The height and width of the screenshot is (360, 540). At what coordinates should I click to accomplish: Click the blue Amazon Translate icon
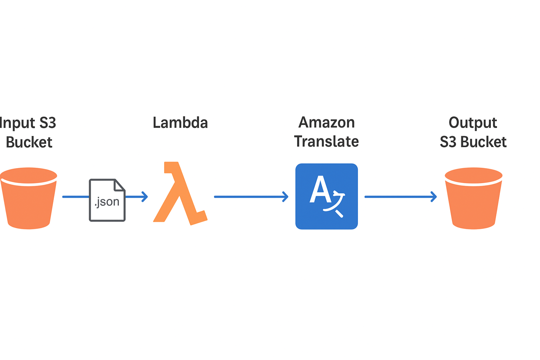click(327, 196)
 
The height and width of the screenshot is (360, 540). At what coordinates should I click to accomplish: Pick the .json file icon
click(107, 200)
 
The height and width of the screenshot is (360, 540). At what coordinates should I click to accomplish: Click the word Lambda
click(180, 123)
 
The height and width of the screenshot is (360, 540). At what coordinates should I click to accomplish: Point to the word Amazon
click(327, 122)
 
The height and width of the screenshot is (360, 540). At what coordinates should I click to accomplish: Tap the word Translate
click(326, 141)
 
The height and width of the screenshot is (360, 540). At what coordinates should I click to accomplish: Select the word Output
click(473, 123)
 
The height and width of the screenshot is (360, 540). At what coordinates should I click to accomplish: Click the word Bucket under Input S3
click(29, 142)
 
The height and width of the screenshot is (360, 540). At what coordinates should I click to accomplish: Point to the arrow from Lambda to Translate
click(251, 197)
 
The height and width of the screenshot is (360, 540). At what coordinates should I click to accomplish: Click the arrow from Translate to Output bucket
click(400, 197)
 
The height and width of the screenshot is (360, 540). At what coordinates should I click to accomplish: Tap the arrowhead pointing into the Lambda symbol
click(144, 197)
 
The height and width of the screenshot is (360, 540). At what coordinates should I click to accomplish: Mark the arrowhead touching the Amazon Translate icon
click(285, 197)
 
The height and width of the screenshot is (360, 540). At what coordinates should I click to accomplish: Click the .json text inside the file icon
click(107, 202)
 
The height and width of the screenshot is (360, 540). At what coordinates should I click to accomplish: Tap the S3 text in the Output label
click(448, 142)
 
